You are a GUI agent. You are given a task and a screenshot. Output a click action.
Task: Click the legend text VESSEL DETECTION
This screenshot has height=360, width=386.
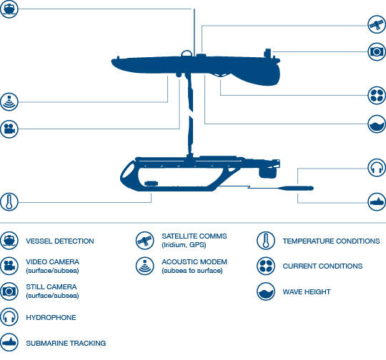pos(60,241)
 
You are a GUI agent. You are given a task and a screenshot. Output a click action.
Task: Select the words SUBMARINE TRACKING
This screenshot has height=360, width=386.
pos(66,343)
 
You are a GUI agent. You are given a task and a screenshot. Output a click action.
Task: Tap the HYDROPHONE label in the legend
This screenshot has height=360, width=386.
pos(51,317)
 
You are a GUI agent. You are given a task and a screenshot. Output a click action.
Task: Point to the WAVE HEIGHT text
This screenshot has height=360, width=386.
pos(307,292)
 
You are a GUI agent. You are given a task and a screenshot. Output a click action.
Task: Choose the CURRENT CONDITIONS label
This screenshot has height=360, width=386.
pos(322,266)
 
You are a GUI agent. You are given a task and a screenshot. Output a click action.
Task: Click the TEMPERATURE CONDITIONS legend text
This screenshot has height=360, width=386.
pos(331,241)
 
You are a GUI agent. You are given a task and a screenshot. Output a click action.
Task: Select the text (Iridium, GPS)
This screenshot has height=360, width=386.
pos(184,245)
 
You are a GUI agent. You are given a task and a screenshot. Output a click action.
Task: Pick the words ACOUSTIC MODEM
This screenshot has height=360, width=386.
pos(194,262)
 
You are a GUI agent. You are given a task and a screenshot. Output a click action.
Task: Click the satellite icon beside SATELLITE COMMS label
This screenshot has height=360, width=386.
pos(144,241)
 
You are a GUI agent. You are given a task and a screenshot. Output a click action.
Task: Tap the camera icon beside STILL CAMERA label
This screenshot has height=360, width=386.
pos(9,291)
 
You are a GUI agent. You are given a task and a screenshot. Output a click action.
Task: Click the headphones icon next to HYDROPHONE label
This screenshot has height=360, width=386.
pos(9,317)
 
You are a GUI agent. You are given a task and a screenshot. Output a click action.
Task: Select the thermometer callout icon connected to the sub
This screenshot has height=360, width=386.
pos(9,201)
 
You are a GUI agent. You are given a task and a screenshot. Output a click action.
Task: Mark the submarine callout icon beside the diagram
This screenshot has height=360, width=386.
pos(377,202)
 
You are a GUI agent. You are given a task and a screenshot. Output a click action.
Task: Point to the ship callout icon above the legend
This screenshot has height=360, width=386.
pos(9,9)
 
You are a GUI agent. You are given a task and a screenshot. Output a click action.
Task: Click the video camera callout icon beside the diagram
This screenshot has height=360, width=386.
pos(9,129)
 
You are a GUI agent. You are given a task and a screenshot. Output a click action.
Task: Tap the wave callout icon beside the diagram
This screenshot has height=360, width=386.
pos(377,124)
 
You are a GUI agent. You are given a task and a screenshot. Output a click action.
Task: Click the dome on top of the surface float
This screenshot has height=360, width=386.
pos(187,54)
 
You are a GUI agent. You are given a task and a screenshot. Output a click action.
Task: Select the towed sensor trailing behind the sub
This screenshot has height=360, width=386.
pos(295,189)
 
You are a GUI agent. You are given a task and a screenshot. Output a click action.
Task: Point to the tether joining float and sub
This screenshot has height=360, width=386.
pos(189,115)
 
